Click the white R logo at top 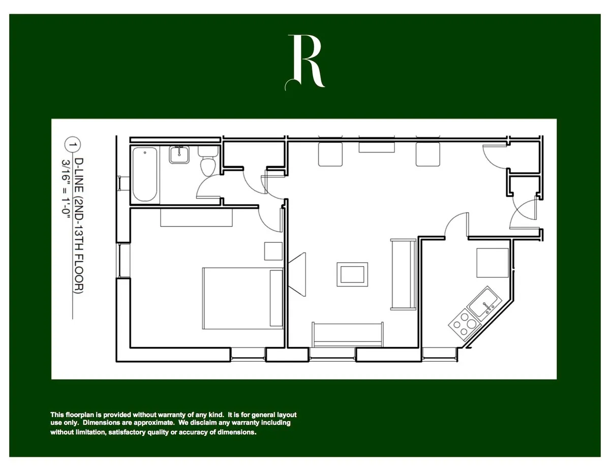[x=306, y=62]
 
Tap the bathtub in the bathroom [x=146, y=174]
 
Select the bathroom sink [x=178, y=154]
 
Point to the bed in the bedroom [x=242, y=298]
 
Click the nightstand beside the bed [x=273, y=252]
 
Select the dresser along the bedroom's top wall [x=196, y=217]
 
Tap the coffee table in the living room [x=352, y=274]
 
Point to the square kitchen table [x=492, y=263]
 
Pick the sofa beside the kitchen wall [x=403, y=274]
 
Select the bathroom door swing [x=208, y=187]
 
